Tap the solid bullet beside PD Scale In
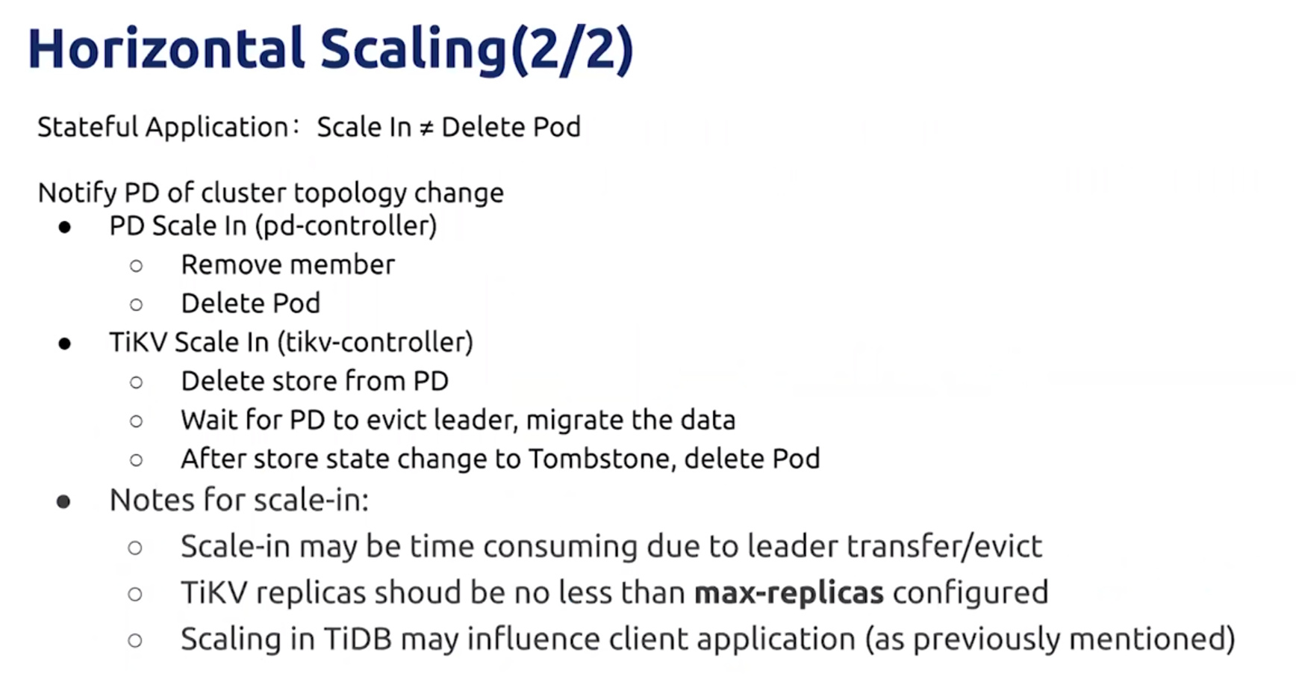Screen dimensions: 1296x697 [x=65, y=227]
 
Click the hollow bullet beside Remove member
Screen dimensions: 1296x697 [x=136, y=265]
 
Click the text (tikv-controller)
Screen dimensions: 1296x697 [x=375, y=342]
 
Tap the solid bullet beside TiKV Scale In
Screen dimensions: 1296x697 [x=65, y=344]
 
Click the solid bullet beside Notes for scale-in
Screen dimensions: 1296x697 [x=63, y=501]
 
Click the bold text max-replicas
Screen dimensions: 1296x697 [x=789, y=593]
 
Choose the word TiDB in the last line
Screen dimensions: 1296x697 [x=358, y=639]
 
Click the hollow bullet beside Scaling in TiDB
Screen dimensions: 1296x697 [x=135, y=640]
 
